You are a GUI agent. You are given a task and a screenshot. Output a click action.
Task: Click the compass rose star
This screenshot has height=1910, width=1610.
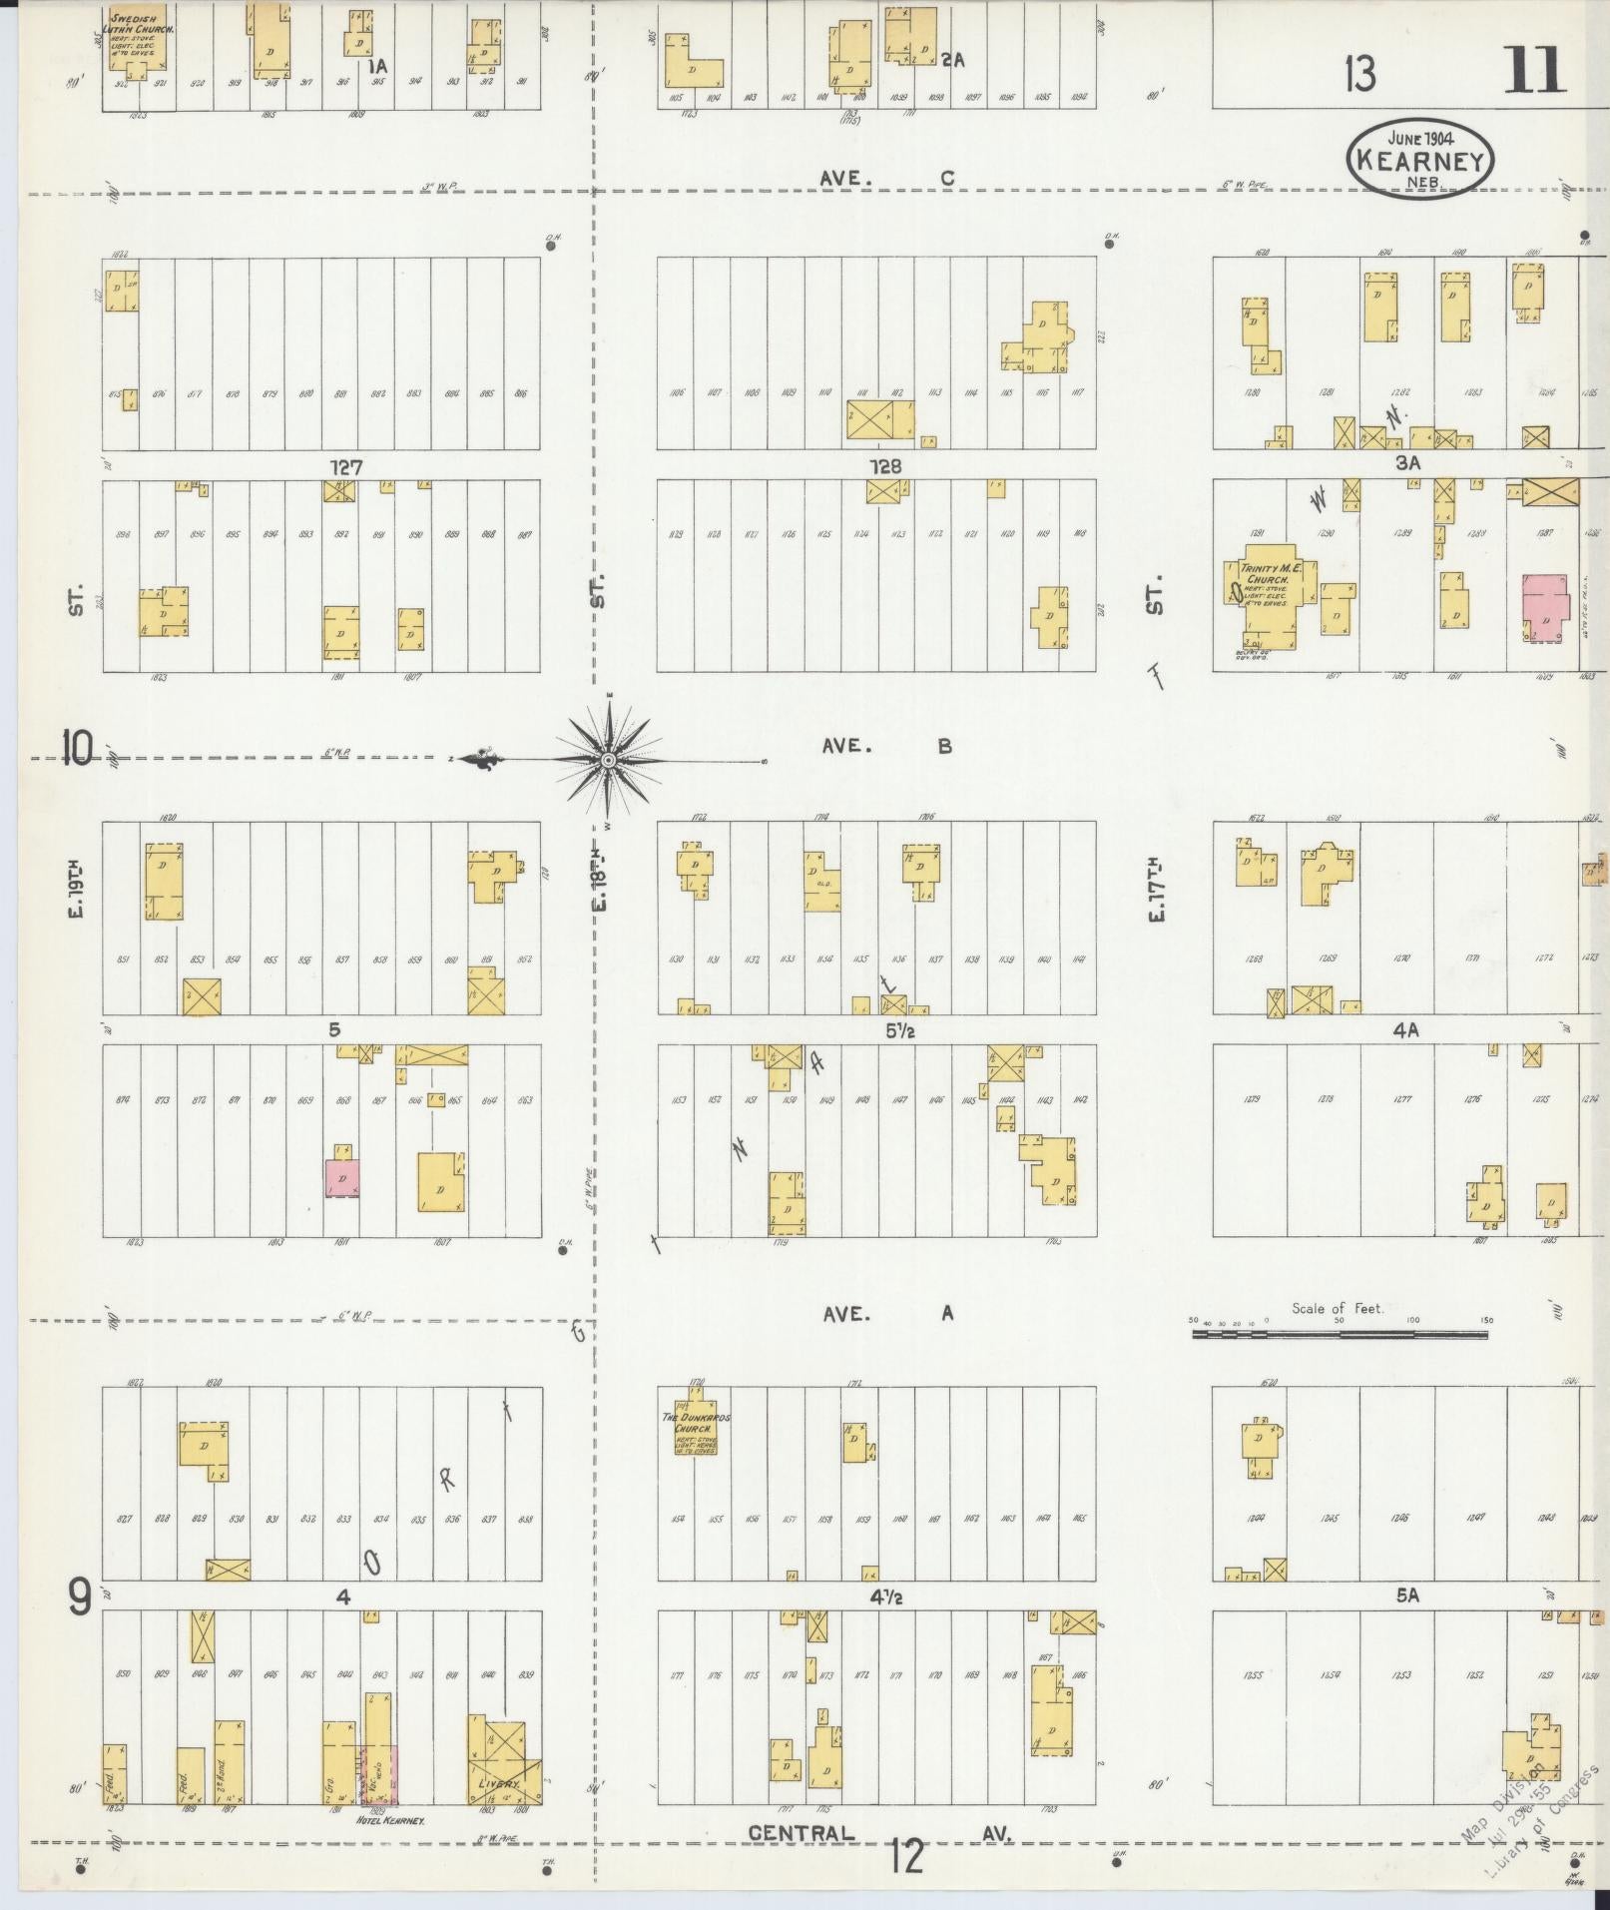coord(607,760)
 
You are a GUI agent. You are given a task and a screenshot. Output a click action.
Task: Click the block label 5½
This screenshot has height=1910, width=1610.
coord(886,1031)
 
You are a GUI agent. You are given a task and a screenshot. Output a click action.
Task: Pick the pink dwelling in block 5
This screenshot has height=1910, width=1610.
coord(342,1178)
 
